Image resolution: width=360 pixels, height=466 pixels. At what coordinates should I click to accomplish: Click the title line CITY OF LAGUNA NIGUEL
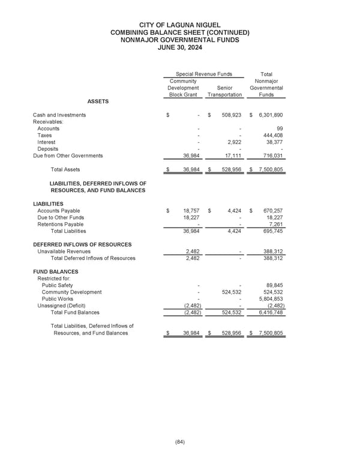(179, 24)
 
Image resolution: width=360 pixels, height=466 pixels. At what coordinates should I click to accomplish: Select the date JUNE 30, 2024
(179, 47)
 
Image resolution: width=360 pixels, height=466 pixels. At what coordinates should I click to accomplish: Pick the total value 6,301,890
(269, 115)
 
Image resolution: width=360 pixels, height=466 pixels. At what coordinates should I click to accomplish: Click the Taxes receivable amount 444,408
(272, 135)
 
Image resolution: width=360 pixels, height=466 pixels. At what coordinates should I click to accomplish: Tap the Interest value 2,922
(233, 142)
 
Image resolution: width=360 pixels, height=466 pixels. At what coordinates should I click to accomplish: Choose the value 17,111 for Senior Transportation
(231, 156)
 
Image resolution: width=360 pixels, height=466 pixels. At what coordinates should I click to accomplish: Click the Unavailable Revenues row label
(64, 252)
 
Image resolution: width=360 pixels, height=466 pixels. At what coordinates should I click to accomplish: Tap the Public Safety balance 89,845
(273, 285)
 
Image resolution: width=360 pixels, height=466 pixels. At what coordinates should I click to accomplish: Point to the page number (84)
(179, 442)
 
